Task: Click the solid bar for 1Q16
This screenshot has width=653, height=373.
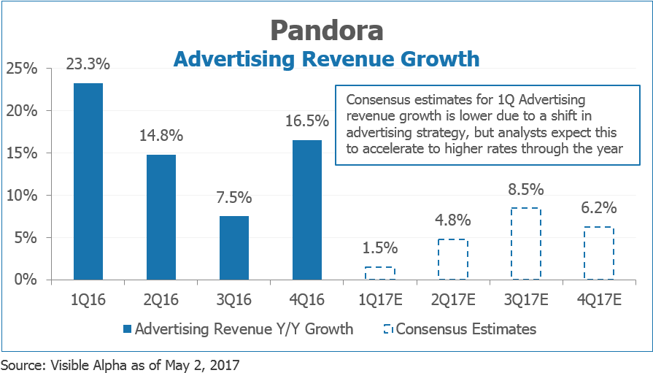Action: click(88, 181)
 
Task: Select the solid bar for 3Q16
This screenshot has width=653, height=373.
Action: click(234, 247)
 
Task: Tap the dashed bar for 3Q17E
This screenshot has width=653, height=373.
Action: click(525, 244)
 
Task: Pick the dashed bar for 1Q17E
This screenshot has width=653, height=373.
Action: click(379, 274)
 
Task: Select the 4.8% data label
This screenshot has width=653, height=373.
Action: click(452, 220)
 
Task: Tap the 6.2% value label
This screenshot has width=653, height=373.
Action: click(598, 207)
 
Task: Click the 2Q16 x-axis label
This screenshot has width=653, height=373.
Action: click(161, 299)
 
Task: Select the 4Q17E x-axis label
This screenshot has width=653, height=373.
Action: click(598, 299)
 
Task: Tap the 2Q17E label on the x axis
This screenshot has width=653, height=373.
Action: click(452, 299)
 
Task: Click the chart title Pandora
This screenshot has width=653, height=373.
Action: click(326, 30)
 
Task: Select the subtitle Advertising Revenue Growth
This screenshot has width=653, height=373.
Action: click(326, 58)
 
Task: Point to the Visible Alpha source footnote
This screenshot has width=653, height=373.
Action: click(120, 364)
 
